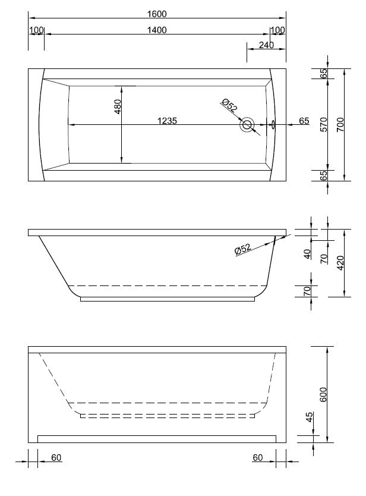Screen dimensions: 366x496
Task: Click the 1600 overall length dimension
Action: (x=157, y=14)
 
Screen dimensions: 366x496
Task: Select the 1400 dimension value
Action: (x=157, y=30)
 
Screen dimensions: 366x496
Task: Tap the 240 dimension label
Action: (x=266, y=45)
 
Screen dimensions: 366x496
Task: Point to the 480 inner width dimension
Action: (x=117, y=106)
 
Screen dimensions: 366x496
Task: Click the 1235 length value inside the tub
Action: (x=167, y=121)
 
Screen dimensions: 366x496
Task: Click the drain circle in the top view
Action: (x=247, y=124)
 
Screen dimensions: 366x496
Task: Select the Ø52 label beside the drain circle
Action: (x=229, y=105)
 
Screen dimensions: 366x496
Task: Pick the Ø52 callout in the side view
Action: (x=243, y=249)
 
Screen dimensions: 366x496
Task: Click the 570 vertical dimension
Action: (x=323, y=124)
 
